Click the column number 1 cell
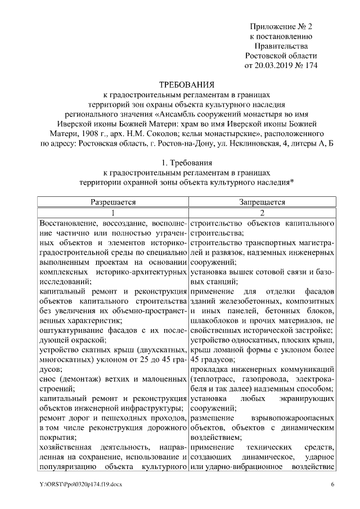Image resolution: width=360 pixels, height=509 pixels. (x=113, y=213)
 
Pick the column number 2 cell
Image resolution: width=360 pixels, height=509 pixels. (x=262, y=213)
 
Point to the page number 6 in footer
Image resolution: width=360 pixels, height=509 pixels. (x=332, y=485)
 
